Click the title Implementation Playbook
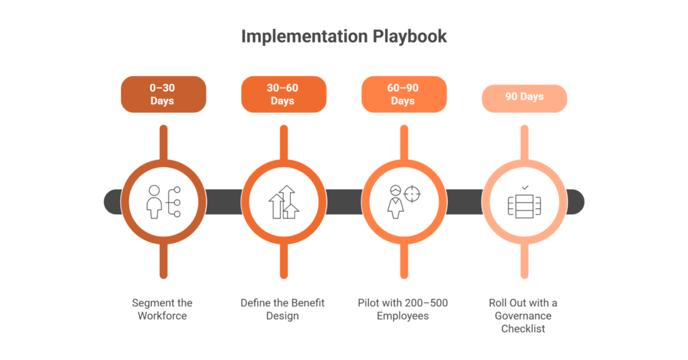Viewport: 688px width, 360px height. (343, 36)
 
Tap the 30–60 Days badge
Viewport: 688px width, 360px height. (283, 94)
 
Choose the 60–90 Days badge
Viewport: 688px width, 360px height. (403, 94)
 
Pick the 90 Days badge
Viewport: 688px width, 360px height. (524, 97)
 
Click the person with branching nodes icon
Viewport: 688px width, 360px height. (163, 201)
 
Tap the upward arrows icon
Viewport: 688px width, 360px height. (283, 201)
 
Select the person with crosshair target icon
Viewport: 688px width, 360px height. (403, 201)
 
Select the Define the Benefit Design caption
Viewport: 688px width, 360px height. (283, 309)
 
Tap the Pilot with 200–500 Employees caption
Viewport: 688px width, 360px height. (403, 309)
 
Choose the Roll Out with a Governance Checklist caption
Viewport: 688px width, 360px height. (524, 315)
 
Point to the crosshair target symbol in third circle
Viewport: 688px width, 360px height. (413, 194)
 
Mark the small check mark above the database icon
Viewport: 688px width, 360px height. (524, 187)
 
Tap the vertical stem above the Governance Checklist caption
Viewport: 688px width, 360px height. (524, 263)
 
